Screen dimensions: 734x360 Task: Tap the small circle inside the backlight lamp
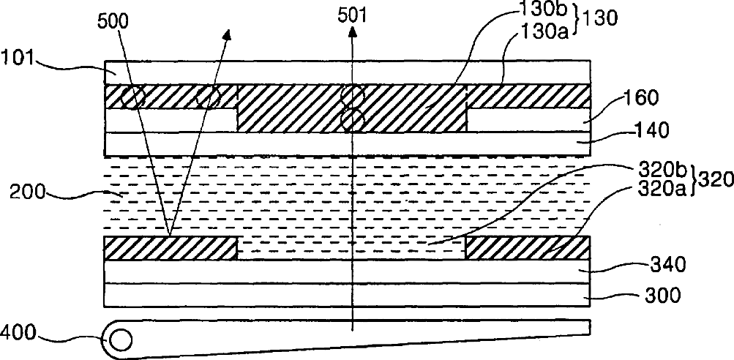click(121, 340)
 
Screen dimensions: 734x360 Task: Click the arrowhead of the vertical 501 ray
click(353, 31)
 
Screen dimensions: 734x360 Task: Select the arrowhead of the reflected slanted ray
click(229, 34)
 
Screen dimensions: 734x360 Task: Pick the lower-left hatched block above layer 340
click(171, 248)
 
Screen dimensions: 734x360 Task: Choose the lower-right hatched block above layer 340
click(527, 248)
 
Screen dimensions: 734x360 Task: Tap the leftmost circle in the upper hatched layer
click(132, 97)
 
